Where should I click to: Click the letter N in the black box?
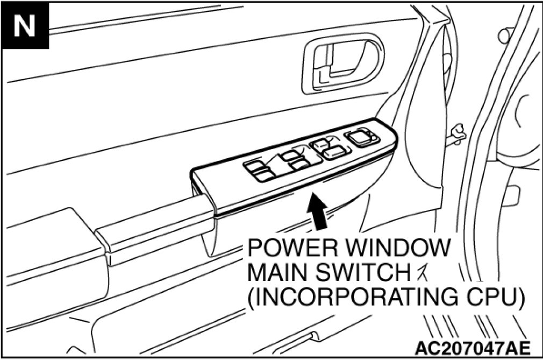[x=25, y=25]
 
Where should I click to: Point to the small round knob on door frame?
[x=505, y=36]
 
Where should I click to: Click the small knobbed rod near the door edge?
[x=457, y=130]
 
